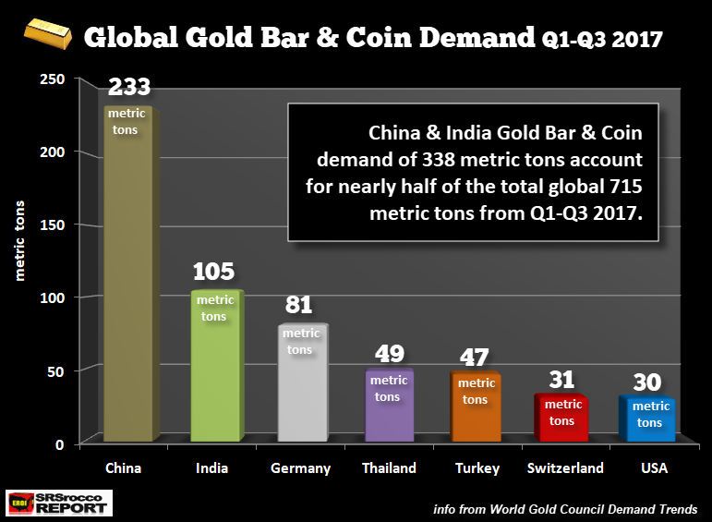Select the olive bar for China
pyautogui.click(x=129, y=277)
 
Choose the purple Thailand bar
pyautogui.click(x=388, y=407)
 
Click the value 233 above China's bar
pyautogui.click(x=129, y=88)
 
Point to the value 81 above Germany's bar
pyautogui.click(x=300, y=304)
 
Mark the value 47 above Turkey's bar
pyautogui.click(x=477, y=356)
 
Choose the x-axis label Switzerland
pyautogui.click(x=565, y=468)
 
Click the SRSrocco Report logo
pyautogui.click(x=58, y=503)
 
